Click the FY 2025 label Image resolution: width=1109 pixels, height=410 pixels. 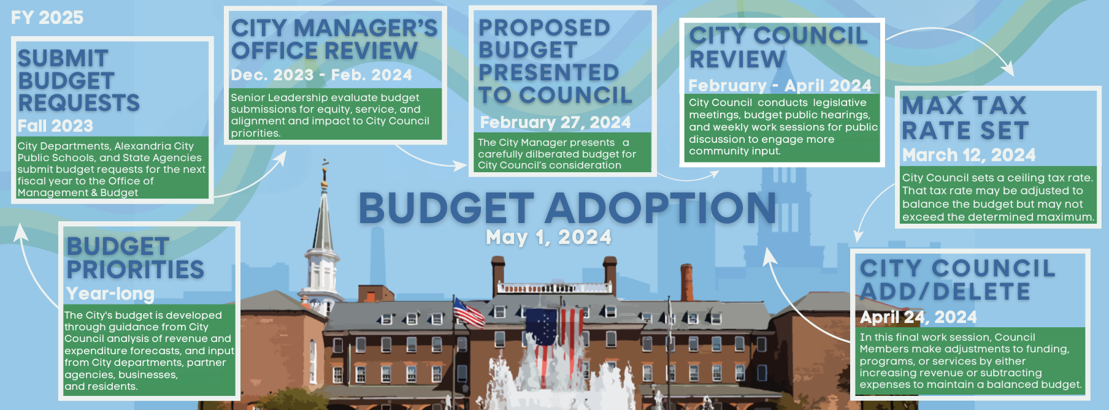click(x=47, y=17)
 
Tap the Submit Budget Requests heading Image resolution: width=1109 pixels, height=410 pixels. click(x=79, y=80)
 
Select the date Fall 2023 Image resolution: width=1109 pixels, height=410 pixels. click(x=55, y=126)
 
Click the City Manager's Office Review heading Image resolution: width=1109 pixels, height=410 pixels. click(x=334, y=39)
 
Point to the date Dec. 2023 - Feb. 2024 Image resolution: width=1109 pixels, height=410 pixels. click(x=321, y=75)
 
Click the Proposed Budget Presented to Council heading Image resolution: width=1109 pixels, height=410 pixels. click(x=554, y=61)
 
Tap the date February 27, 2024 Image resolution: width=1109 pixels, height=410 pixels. click(x=555, y=123)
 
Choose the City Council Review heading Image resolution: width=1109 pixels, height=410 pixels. click(x=778, y=47)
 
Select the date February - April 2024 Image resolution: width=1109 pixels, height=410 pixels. click(x=780, y=86)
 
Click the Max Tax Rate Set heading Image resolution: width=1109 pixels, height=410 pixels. click(x=965, y=118)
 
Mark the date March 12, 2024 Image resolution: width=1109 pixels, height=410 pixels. click(x=969, y=155)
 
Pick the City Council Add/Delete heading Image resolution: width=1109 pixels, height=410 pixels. click(x=957, y=279)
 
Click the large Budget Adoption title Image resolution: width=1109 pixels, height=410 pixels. click(x=567, y=208)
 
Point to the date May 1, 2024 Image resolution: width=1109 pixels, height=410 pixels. click(x=548, y=237)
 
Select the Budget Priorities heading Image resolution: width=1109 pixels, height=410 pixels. click(x=135, y=258)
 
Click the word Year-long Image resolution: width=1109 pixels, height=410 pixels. click(x=110, y=294)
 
